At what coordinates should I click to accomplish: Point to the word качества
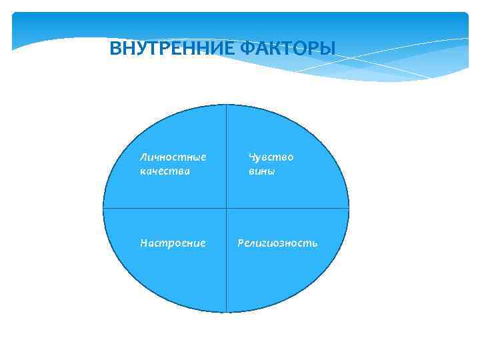coord(165,171)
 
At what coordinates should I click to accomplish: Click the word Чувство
coord(271,157)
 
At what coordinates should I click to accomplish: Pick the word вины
coord(262,171)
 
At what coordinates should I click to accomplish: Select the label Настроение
coord(173,243)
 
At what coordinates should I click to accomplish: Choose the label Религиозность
coord(278,243)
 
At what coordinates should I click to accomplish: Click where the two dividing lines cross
coord(227,208)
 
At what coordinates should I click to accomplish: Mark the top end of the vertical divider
coord(227,105)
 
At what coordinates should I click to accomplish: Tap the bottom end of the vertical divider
coord(227,312)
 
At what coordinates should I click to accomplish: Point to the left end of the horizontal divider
coord(103,208)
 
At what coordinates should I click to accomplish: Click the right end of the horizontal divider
coord(349,208)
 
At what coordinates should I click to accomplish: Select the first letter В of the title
coord(115,48)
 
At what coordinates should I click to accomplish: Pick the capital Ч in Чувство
coord(252,157)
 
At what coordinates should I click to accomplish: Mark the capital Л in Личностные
coord(143,157)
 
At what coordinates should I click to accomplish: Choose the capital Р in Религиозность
coord(241,243)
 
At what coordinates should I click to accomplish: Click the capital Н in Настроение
coord(143,243)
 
